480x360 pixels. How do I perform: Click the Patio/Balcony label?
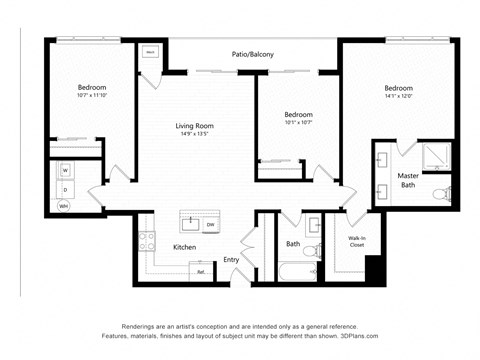[253, 54]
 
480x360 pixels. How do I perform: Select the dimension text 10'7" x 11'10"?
[92, 97]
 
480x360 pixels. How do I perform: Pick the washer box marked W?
[65, 170]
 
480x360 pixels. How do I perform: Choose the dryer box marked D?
[65, 188]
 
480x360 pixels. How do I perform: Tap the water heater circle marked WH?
[63, 206]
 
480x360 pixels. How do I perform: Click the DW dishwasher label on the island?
[210, 225]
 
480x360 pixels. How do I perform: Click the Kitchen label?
[184, 246]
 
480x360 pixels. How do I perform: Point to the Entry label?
[231, 259]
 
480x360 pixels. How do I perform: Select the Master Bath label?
[409, 180]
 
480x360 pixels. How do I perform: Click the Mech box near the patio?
[150, 52]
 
